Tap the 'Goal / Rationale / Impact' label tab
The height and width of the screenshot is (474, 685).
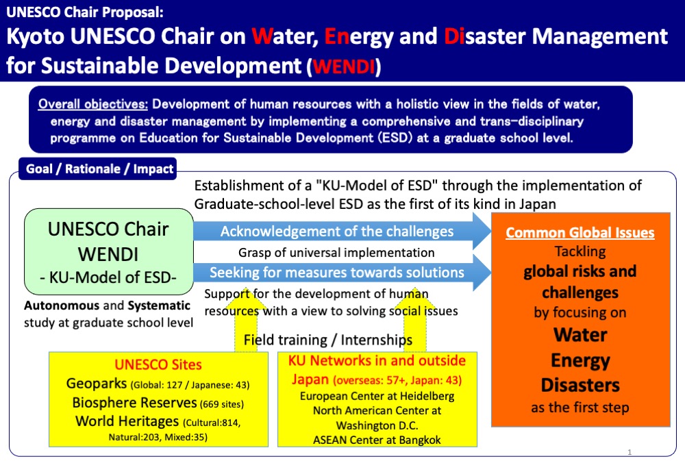pyautogui.click(x=99, y=169)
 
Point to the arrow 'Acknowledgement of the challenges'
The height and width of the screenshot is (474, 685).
pyautogui.click(x=337, y=232)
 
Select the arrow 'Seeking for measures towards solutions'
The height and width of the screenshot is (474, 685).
pyautogui.click(x=337, y=273)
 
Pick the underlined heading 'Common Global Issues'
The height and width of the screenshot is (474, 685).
pyautogui.click(x=580, y=232)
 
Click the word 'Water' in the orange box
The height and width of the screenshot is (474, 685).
pyautogui.click(x=580, y=335)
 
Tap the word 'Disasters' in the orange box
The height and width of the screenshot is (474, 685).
pyautogui.click(x=580, y=384)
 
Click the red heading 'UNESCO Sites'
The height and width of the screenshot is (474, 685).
pyautogui.click(x=158, y=365)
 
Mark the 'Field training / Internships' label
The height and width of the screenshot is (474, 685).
pyautogui.click(x=328, y=340)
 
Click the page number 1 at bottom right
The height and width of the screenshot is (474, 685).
pyautogui.click(x=629, y=452)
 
